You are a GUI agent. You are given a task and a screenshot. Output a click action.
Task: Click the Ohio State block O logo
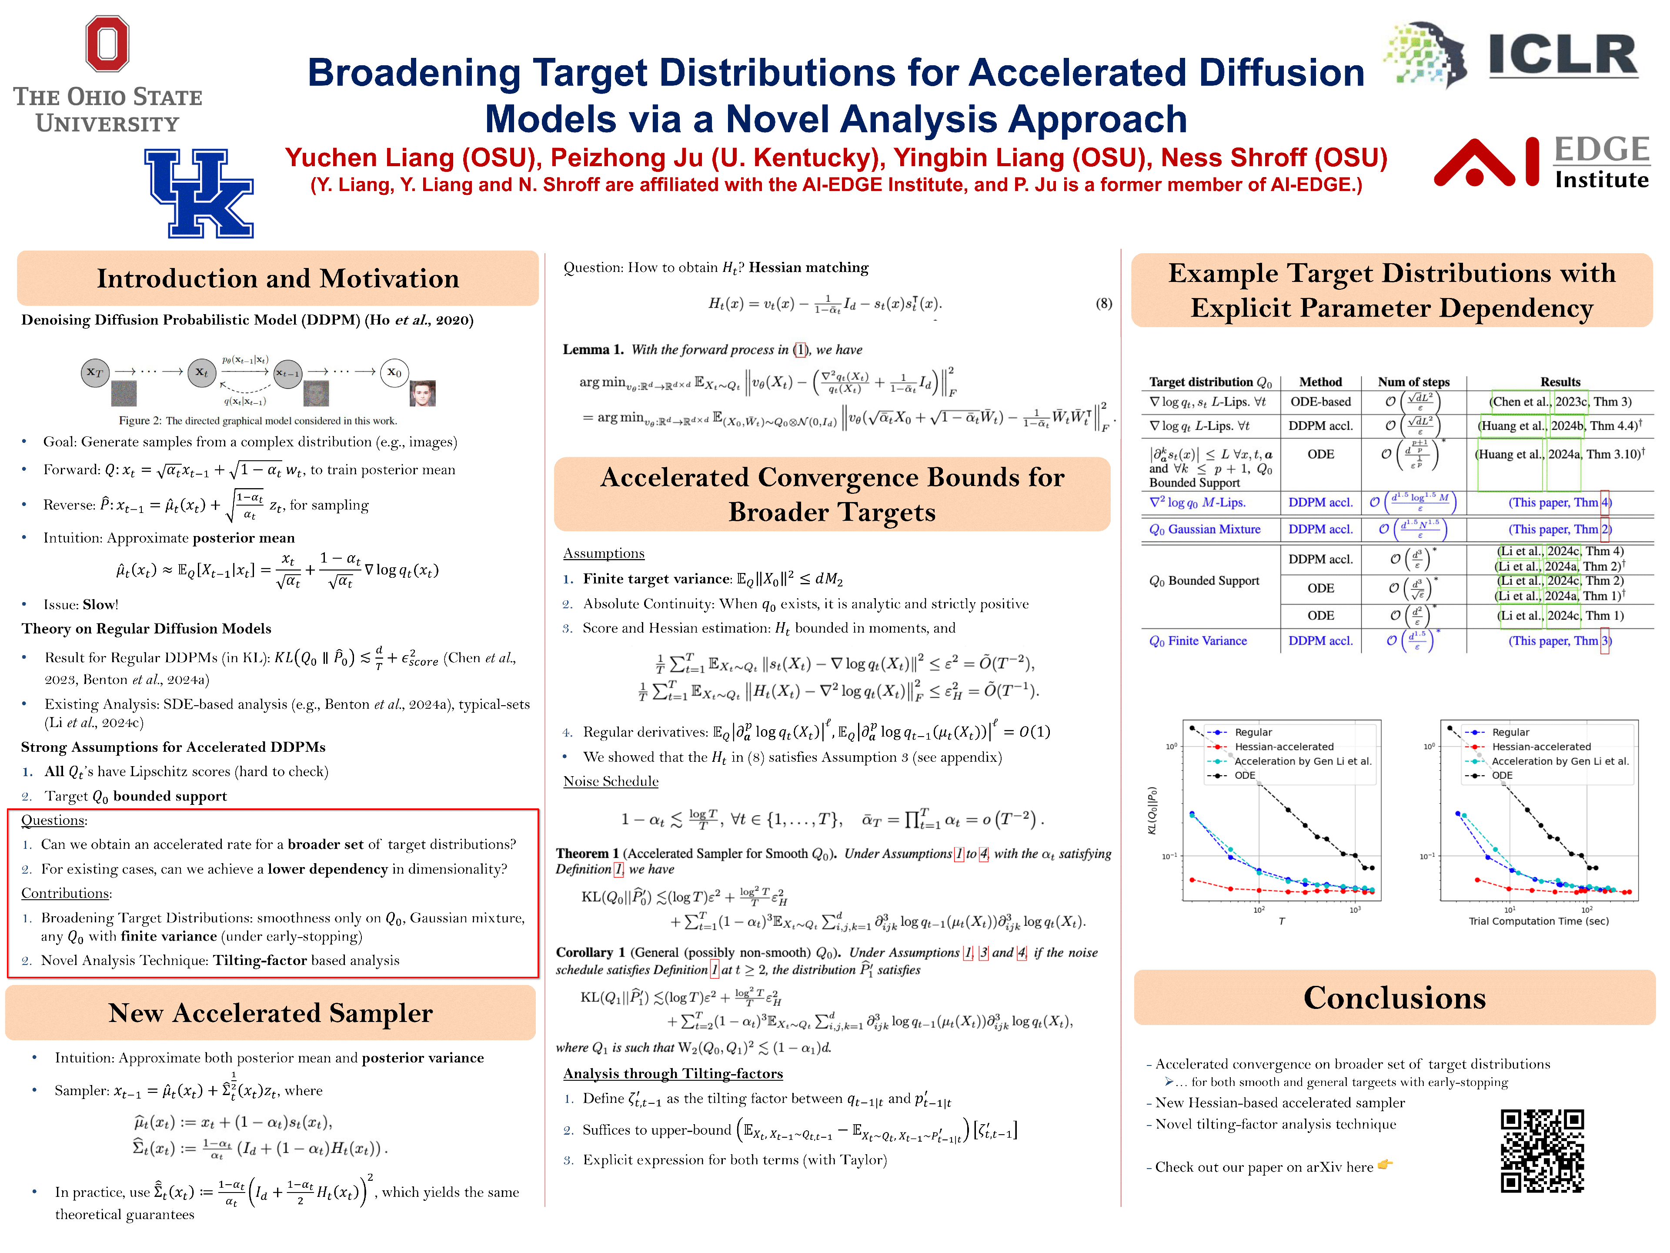pos(107,44)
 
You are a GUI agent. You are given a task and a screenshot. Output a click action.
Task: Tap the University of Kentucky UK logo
pos(199,193)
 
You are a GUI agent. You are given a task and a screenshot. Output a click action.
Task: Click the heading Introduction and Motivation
pos(278,279)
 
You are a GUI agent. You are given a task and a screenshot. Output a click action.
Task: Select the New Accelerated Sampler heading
pos(270,1013)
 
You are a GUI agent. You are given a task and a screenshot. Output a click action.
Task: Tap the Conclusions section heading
pos(1394,998)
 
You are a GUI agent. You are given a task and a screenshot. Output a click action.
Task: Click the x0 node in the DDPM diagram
pos(394,372)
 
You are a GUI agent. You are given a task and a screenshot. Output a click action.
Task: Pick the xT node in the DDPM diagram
pos(95,372)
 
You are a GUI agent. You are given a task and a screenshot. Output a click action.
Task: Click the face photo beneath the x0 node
pos(423,393)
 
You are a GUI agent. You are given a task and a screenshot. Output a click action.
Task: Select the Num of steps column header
pos(1413,382)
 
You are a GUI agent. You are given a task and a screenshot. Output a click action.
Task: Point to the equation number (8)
pos(1103,304)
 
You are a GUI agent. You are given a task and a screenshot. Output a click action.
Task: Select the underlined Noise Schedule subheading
pos(611,781)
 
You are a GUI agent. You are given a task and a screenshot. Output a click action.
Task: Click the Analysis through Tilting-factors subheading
pos(673,1073)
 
